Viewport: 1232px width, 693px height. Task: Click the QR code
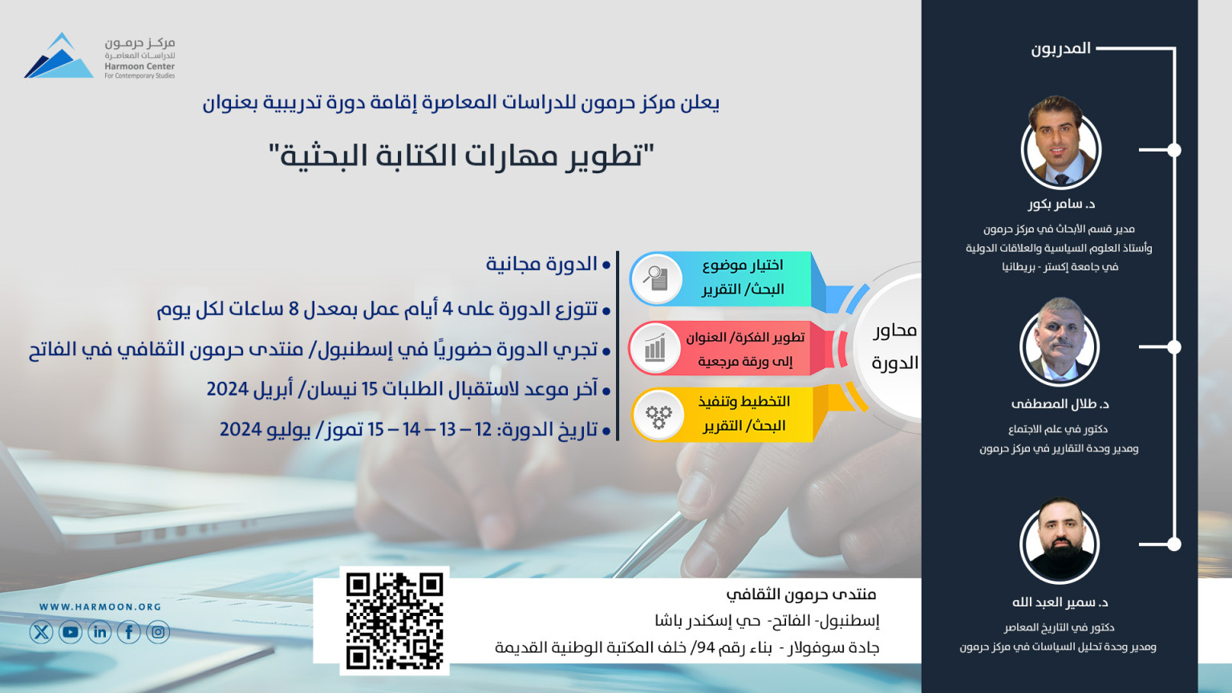pos(395,621)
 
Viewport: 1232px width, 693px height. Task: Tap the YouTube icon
pos(71,633)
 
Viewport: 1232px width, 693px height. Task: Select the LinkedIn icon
pos(99,633)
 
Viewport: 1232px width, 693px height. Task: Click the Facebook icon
pos(128,633)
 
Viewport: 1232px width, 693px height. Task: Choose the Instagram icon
pos(158,633)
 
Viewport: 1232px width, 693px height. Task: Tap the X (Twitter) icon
pos(41,633)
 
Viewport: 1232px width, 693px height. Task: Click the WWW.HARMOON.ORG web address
pos(100,606)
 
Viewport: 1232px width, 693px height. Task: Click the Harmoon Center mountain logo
pos(59,55)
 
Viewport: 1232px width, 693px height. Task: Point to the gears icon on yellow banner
pos(659,415)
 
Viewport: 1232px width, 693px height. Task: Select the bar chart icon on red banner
pos(655,347)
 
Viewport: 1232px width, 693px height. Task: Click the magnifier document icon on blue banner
pos(656,278)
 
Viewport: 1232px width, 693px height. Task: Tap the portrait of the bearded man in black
pos(1060,541)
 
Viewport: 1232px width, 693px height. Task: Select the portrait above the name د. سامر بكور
pos(1060,144)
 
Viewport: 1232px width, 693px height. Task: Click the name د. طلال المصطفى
pos(1060,403)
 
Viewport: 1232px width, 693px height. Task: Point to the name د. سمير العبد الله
pos(1060,602)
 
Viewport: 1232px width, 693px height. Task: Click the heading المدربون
pos(1060,48)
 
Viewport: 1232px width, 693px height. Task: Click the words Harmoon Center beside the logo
pos(140,66)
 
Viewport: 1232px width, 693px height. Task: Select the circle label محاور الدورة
pos(894,346)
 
